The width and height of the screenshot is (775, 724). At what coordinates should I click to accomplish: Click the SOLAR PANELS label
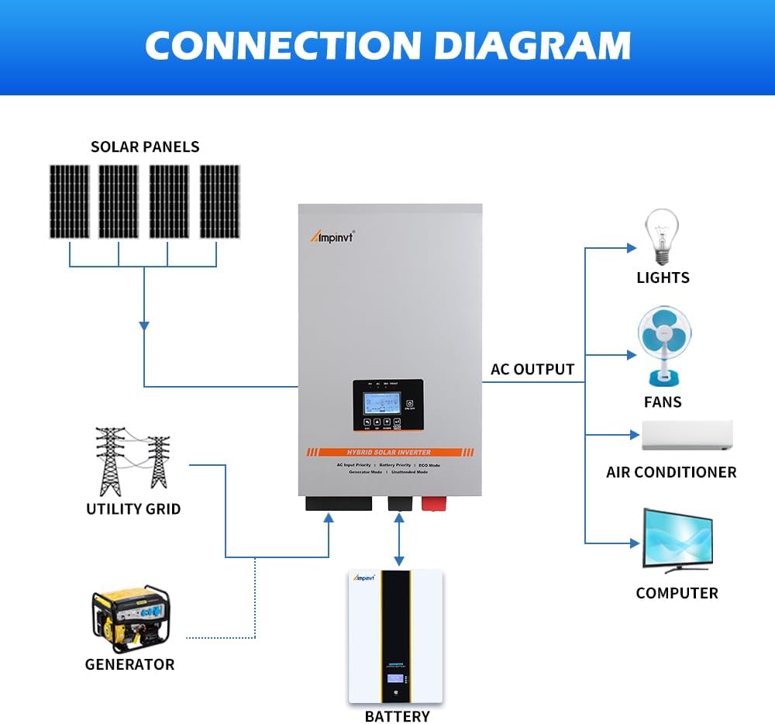pos(145,147)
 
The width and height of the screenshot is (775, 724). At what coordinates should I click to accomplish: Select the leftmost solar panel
pos(70,202)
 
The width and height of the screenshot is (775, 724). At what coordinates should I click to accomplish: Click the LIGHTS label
pos(663,278)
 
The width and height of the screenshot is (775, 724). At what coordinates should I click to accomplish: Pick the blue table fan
pos(663,345)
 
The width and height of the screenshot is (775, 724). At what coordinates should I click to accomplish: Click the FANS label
pos(663,402)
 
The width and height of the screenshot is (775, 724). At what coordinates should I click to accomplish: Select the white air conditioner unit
pos(687,436)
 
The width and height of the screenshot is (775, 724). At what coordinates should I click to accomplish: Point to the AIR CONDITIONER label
pos(671,472)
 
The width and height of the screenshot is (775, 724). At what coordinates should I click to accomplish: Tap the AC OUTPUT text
pos(532,370)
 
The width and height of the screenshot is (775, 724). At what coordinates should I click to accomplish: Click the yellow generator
pos(130,619)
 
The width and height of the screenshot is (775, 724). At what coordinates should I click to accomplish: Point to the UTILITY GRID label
pos(133,509)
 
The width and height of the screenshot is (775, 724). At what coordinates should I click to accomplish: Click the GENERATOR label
pos(129,664)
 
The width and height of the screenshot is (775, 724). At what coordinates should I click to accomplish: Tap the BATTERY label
pos(396,716)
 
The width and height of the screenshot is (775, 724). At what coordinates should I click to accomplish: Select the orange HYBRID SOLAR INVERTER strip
pos(390,452)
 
